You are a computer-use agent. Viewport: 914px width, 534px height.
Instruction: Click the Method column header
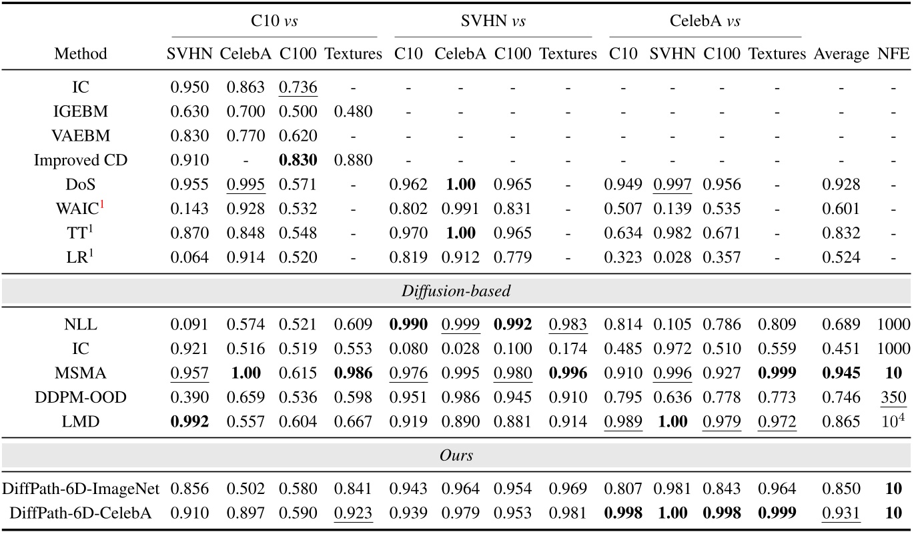(81, 54)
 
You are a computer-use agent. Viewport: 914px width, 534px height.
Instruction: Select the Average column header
(841, 54)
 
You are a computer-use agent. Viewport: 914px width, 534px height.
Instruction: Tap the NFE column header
(894, 54)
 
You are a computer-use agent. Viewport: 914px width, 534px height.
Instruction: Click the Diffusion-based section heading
(456, 291)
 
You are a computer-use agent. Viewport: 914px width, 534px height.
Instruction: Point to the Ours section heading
(456, 455)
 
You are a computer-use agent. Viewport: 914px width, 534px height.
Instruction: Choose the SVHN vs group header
(493, 21)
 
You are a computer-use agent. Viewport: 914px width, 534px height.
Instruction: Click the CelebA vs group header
(705, 21)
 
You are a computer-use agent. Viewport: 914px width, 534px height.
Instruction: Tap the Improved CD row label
(81, 161)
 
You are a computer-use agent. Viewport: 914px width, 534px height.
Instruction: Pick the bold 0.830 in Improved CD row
(298, 161)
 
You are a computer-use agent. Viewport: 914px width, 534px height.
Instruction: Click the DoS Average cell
(841, 184)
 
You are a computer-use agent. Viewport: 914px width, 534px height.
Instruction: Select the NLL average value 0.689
(841, 325)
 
